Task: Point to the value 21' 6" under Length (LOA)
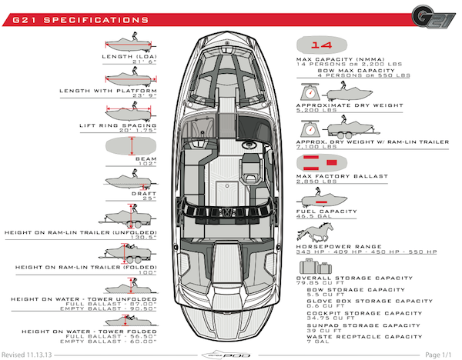click(142, 62)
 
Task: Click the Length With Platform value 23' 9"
click(142, 96)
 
